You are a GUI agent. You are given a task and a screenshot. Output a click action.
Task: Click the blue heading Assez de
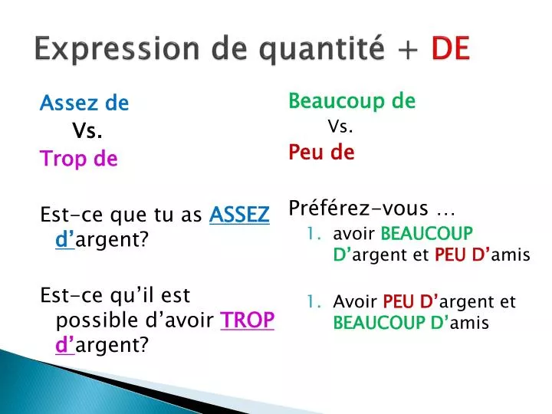84,103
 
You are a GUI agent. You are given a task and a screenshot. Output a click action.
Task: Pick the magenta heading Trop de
78,159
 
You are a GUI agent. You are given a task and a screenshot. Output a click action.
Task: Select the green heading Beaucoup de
352,100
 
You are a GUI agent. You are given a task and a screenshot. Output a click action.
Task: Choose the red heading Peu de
321,153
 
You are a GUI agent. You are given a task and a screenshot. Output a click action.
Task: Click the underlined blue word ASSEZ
239,215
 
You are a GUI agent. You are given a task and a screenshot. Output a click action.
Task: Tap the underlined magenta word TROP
247,320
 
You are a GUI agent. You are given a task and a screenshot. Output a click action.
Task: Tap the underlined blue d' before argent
64,240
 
